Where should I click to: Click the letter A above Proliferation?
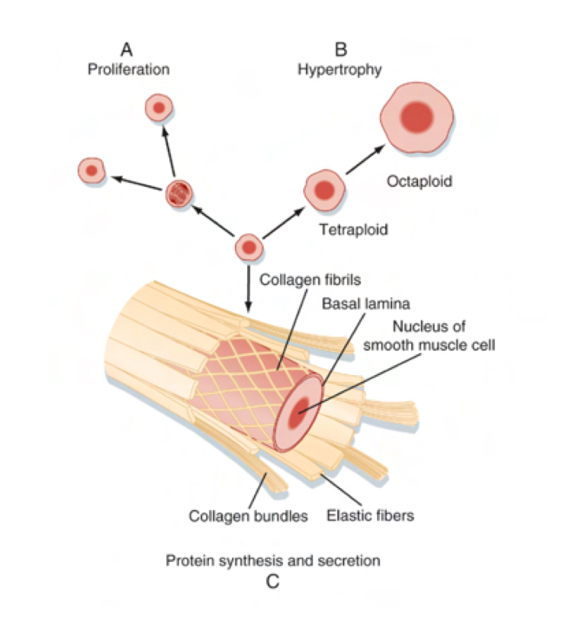click(x=127, y=50)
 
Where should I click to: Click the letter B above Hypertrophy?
click(x=340, y=50)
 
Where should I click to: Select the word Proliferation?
click(x=127, y=69)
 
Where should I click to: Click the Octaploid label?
click(x=420, y=181)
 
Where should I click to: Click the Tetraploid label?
click(x=353, y=229)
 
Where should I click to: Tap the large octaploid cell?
click(x=417, y=117)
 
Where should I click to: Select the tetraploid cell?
click(x=323, y=191)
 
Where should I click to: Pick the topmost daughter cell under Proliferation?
click(x=159, y=108)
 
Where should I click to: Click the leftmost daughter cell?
click(x=92, y=171)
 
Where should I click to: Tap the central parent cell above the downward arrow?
click(x=248, y=248)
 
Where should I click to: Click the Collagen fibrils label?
click(x=304, y=279)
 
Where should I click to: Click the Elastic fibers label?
click(x=370, y=516)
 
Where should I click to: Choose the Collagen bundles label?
click(x=248, y=516)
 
